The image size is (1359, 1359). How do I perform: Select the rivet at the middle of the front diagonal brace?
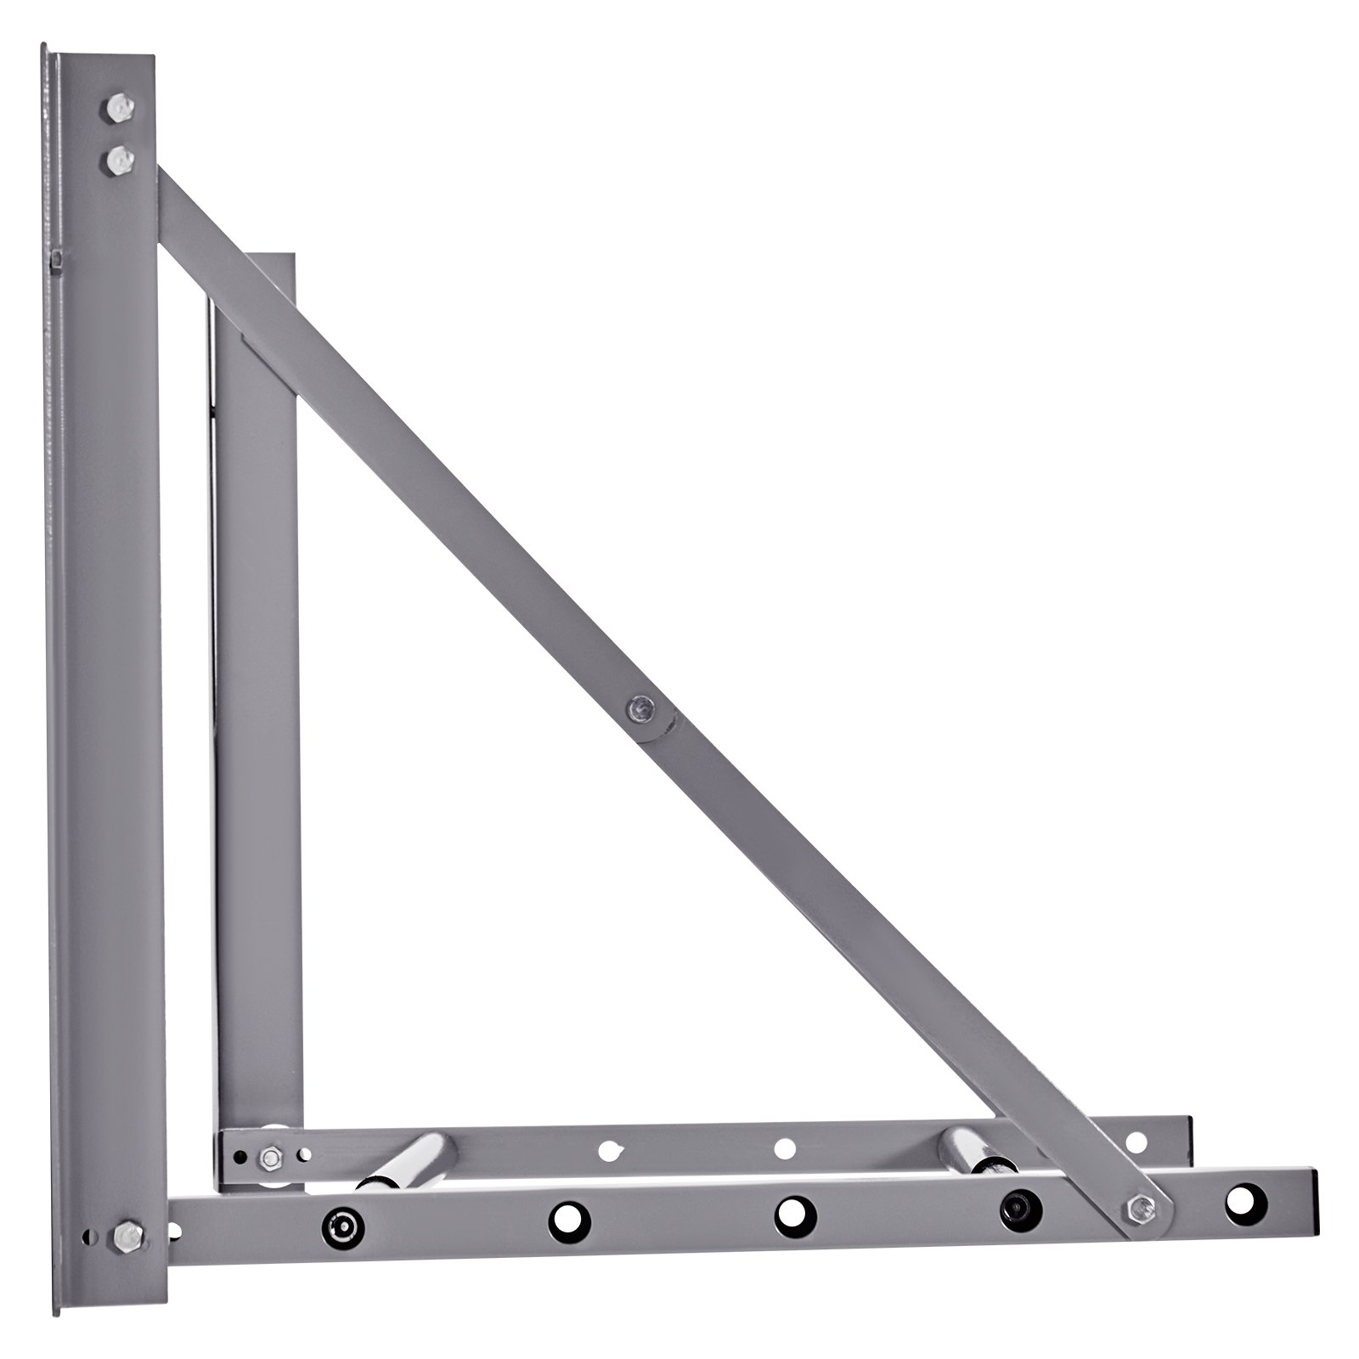[640, 707]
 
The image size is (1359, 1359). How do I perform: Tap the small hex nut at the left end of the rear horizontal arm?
[271, 1154]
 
